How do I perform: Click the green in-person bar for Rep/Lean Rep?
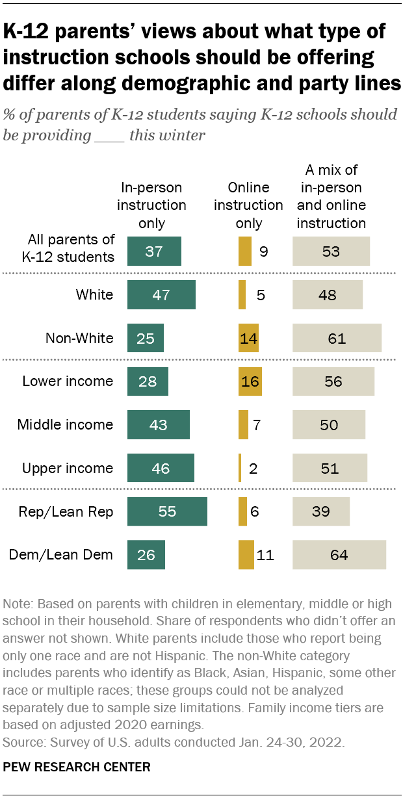(167, 511)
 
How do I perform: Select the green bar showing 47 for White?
(161, 295)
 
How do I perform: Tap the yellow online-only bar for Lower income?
(250, 381)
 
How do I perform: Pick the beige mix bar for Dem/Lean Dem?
(339, 555)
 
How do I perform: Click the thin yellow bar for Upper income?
(240, 468)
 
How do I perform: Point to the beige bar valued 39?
(321, 511)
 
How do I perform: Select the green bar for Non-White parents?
(146, 338)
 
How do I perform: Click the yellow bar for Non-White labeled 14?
(248, 338)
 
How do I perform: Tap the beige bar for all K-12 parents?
(331, 251)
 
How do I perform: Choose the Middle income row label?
(65, 425)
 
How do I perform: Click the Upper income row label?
(68, 468)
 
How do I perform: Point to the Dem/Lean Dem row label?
(61, 555)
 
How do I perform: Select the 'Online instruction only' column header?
(249, 205)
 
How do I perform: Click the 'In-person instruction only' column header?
(153, 205)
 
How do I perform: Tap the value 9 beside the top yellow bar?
(263, 251)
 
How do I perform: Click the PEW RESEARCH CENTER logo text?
(77, 767)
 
